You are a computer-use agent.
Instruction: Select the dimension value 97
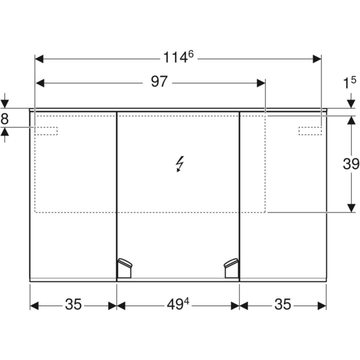click(x=158, y=82)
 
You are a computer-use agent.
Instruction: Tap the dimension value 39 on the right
click(x=350, y=163)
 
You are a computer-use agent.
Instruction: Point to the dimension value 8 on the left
click(x=5, y=118)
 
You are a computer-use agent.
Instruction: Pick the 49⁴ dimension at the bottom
click(x=178, y=305)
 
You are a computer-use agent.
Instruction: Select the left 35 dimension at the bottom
click(x=73, y=305)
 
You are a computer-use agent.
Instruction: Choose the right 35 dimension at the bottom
click(x=283, y=305)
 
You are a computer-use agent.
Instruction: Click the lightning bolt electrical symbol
click(x=179, y=163)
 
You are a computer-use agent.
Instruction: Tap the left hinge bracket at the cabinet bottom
click(x=124, y=268)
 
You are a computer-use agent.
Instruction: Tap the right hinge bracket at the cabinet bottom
click(x=231, y=268)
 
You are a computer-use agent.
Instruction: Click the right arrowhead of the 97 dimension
click(x=261, y=82)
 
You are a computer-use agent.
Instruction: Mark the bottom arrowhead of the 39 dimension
click(x=350, y=208)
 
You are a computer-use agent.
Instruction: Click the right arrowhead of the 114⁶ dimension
click(x=317, y=58)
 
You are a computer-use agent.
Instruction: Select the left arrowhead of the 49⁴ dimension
click(x=121, y=305)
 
